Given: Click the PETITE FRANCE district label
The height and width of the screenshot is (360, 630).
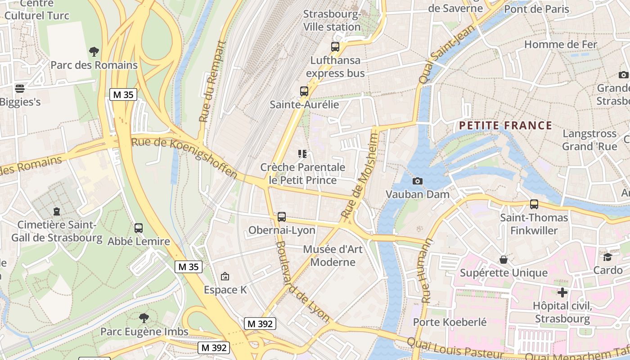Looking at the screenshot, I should (505, 126).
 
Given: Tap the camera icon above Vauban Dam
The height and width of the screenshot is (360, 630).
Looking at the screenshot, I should (418, 181).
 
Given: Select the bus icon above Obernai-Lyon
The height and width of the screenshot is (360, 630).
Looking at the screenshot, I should (282, 217).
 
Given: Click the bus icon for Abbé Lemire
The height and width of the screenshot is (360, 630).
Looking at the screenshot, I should (139, 228).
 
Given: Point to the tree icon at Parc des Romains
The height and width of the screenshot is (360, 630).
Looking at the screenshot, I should (94, 52).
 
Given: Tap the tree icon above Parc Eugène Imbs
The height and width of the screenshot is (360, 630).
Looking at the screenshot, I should (144, 318).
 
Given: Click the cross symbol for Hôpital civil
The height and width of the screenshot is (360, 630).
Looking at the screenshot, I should (562, 292).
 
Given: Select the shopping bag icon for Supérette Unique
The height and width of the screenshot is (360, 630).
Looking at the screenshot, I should (504, 260).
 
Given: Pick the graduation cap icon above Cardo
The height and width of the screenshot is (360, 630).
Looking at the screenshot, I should (608, 257).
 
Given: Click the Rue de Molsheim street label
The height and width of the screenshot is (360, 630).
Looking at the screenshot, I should (361, 175).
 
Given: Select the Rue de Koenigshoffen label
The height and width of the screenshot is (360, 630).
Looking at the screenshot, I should (184, 158).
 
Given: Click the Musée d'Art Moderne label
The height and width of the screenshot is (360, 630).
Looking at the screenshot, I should (333, 256).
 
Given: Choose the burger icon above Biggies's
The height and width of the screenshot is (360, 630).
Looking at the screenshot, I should (20, 88).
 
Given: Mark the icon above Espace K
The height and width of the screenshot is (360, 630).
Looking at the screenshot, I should (225, 276).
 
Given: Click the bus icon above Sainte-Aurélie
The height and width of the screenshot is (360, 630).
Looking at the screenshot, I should (304, 91).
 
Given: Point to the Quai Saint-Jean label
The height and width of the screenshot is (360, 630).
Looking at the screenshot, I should (434, 54).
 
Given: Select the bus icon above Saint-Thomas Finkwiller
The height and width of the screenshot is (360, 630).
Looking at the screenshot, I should (534, 204).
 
